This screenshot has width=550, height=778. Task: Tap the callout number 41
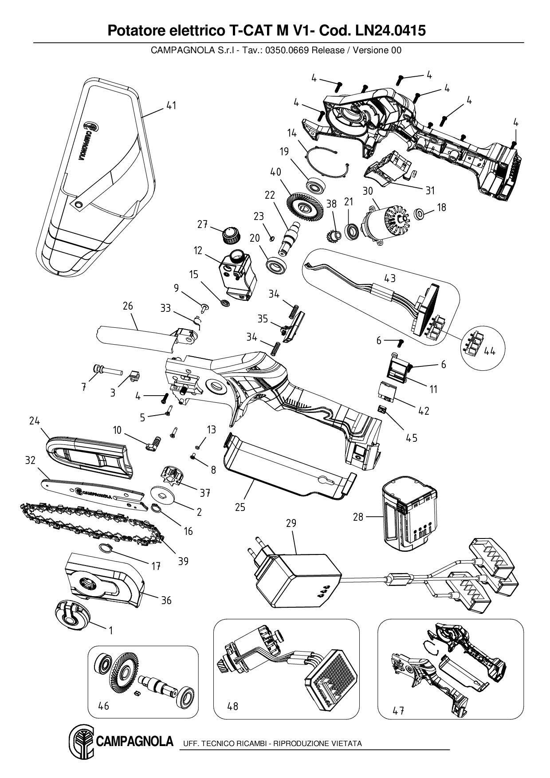point(171,106)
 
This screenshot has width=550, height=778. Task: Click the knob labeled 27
point(231,234)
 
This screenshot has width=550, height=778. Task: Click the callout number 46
point(103,705)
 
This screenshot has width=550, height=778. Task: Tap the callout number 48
point(232,705)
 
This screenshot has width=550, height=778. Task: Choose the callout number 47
point(398,711)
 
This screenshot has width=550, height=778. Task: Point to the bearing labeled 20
point(277,267)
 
